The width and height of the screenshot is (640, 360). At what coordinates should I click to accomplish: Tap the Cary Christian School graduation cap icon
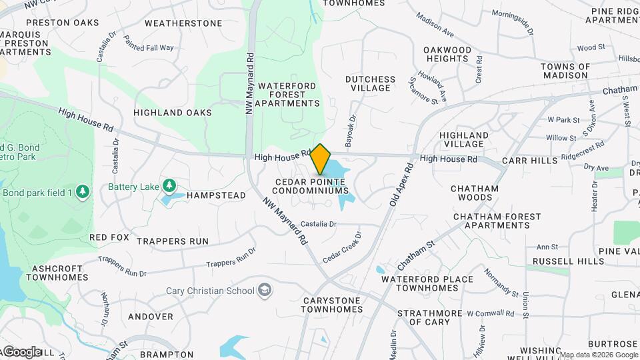pyautogui.click(x=265, y=290)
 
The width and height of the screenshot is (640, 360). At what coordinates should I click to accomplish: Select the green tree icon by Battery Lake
pyautogui.click(x=169, y=185)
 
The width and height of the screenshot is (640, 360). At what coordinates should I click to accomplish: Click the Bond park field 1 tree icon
pyautogui.click(x=83, y=193)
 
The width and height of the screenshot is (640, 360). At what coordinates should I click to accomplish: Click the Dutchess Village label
pyautogui.click(x=370, y=83)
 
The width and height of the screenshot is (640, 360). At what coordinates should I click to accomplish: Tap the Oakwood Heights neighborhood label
pyautogui.click(x=447, y=54)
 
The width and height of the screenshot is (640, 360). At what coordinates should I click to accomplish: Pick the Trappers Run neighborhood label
pyautogui.click(x=173, y=241)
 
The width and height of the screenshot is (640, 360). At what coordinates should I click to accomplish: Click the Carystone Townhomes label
pyautogui.click(x=332, y=305)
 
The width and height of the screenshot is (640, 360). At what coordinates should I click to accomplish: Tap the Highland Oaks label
pyautogui.click(x=172, y=113)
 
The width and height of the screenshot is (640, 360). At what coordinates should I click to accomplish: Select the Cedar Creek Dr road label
pyautogui.click(x=342, y=247)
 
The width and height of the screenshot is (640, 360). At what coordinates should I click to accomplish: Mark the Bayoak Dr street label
pyautogui.click(x=351, y=129)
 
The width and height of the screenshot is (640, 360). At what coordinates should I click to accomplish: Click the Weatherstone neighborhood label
pyautogui.click(x=183, y=23)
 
